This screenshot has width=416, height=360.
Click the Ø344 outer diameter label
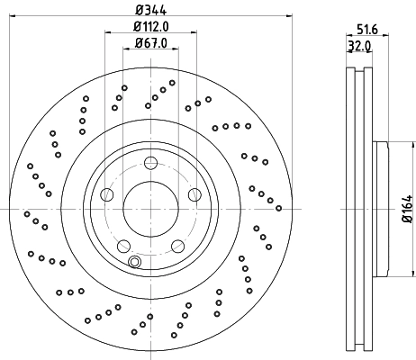pos(150,9)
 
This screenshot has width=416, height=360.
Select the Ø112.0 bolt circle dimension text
pos(150,26)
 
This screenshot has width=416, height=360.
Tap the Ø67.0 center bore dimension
pos(150,41)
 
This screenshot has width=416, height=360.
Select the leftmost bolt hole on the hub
pos(108,193)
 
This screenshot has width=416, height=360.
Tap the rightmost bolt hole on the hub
pos(194,193)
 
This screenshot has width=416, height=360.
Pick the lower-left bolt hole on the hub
pos(124,244)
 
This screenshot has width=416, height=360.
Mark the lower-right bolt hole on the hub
pos(176,244)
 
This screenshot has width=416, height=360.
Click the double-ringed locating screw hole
pos(134,262)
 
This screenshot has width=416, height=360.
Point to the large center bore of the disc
pos(150,209)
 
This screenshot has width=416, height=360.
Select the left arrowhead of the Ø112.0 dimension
pos(108,32)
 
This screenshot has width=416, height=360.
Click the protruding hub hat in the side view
pos(380,209)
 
